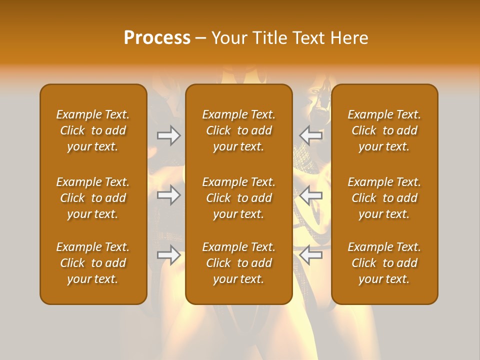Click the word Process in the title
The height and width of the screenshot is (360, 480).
[157, 38]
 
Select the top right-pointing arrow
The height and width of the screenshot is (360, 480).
[168, 135]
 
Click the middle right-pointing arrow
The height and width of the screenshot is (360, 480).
[168, 195]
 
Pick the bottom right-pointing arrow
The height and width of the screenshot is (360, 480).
[168, 255]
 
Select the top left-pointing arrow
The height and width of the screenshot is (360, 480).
[311, 135]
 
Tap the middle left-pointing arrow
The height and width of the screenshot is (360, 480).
[311, 195]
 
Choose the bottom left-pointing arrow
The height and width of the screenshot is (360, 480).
[311, 255]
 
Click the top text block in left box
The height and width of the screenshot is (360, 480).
[93, 130]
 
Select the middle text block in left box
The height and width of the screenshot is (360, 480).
[93, 198]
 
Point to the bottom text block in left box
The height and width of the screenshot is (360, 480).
[93, 263]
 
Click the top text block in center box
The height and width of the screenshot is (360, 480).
[239, 130]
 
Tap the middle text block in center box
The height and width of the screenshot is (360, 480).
[239, 198]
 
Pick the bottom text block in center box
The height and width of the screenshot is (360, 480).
[239, 263]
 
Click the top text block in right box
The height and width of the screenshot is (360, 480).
[384, 130]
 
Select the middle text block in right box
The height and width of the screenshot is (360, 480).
[384, 198]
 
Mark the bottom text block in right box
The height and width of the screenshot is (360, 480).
[384, 263]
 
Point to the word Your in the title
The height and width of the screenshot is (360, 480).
[228, 38]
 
